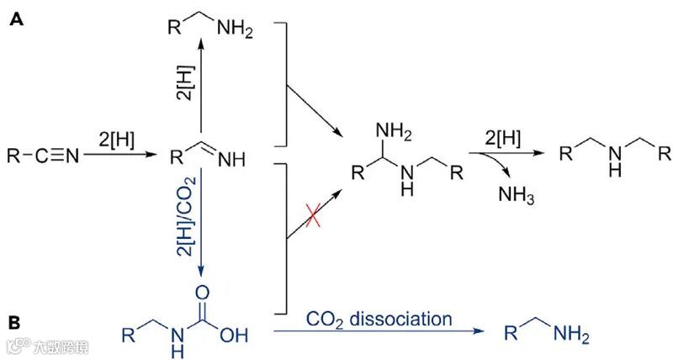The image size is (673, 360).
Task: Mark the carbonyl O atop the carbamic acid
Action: pyautogui.click(x=204, y=292)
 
